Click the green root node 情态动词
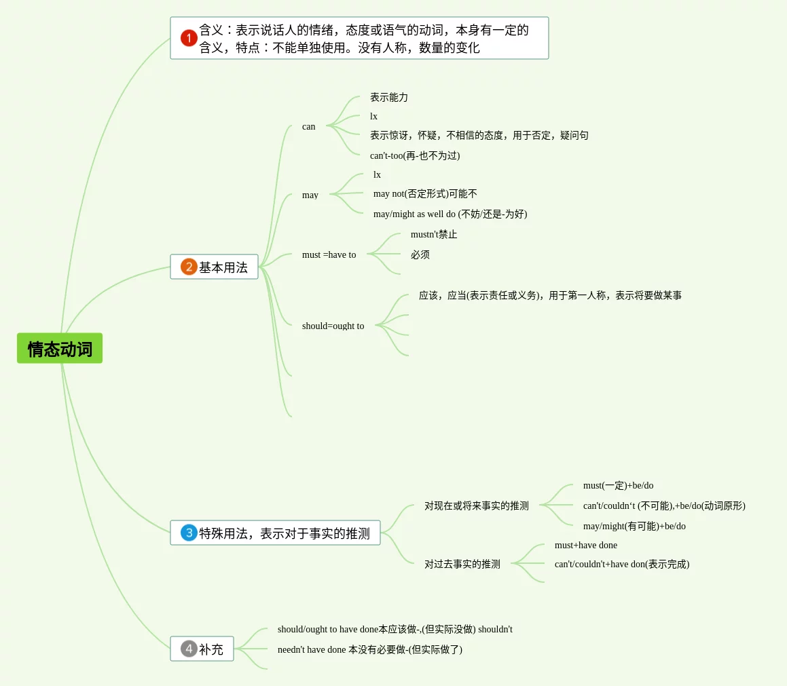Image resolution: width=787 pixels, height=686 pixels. tap(60, 348)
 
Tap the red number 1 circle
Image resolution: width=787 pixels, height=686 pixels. tap(189, 38)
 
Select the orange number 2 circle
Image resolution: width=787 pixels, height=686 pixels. tap(189, 267)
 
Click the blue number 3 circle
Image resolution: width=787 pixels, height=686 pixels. tap(189, 533)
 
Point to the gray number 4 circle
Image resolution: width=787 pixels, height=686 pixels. tap(189, 649)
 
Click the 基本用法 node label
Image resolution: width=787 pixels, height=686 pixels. tap(223, 267)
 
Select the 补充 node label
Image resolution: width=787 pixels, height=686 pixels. tap(211, 649)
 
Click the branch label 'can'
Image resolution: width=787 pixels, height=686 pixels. tap(309, 126)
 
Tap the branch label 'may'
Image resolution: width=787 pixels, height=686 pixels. tap(310, 195)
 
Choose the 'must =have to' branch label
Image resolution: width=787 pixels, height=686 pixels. tap(329, 254)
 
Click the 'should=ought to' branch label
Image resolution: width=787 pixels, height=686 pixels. tap(333, 326)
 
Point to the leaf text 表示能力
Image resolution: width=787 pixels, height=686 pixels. tap(389, 97)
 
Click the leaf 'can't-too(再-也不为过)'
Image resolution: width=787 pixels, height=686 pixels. tap(415, 155)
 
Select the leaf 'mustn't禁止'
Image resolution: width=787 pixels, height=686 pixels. tap(434, 234)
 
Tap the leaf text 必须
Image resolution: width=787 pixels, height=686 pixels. tap(420, 254)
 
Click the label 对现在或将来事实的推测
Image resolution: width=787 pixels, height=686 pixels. tap(477, 506)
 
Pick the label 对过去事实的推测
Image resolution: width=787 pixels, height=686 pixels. tap(462, 564)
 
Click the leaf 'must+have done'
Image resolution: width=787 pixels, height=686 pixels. tap(586, 545)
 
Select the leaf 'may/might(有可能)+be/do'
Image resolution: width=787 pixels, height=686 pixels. tap(634, 526)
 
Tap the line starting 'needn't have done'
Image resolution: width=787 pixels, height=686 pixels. tap(370, 649)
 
